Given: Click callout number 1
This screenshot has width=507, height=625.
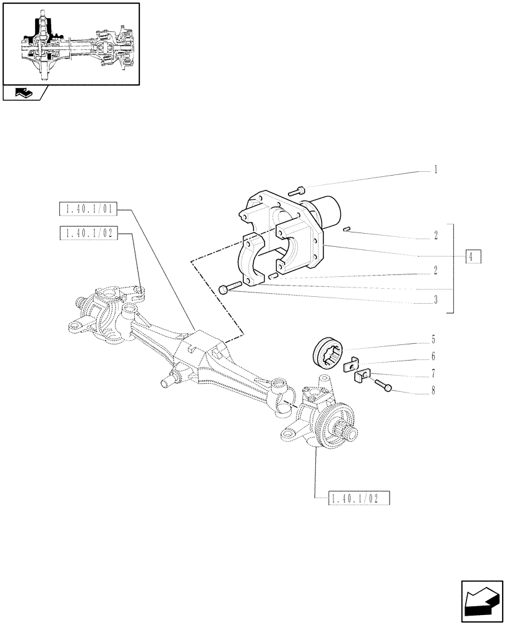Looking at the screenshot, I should [x=435, y=169].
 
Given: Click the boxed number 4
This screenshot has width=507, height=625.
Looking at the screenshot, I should [x=473, y=257].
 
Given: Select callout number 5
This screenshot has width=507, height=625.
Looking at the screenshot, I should [x=433, y=341].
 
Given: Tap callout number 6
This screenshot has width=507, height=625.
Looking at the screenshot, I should [x=433, y=357].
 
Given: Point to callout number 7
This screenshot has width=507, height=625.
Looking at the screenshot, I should [x=433, y=374].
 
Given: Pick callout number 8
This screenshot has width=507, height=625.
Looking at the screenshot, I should [x=433, y=391].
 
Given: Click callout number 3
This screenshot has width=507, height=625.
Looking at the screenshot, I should [x=435, y=299].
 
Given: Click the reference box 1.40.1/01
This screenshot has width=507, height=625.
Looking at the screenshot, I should [x=88, y=209].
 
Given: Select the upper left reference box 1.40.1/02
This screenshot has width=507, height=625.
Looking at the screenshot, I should [x=88, y=234].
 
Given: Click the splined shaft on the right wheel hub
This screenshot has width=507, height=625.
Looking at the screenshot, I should [x=347, y=431].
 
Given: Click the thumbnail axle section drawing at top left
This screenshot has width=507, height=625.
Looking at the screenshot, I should [x=71, y=43].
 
